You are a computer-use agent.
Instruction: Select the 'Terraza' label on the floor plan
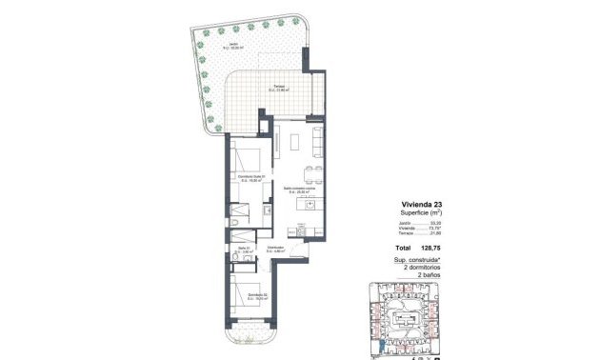click(280, 87)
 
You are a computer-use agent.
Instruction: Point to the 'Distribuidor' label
click(275, 250)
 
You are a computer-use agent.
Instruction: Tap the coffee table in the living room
click(295, 142)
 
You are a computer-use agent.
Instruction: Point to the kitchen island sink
click(310, 205)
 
